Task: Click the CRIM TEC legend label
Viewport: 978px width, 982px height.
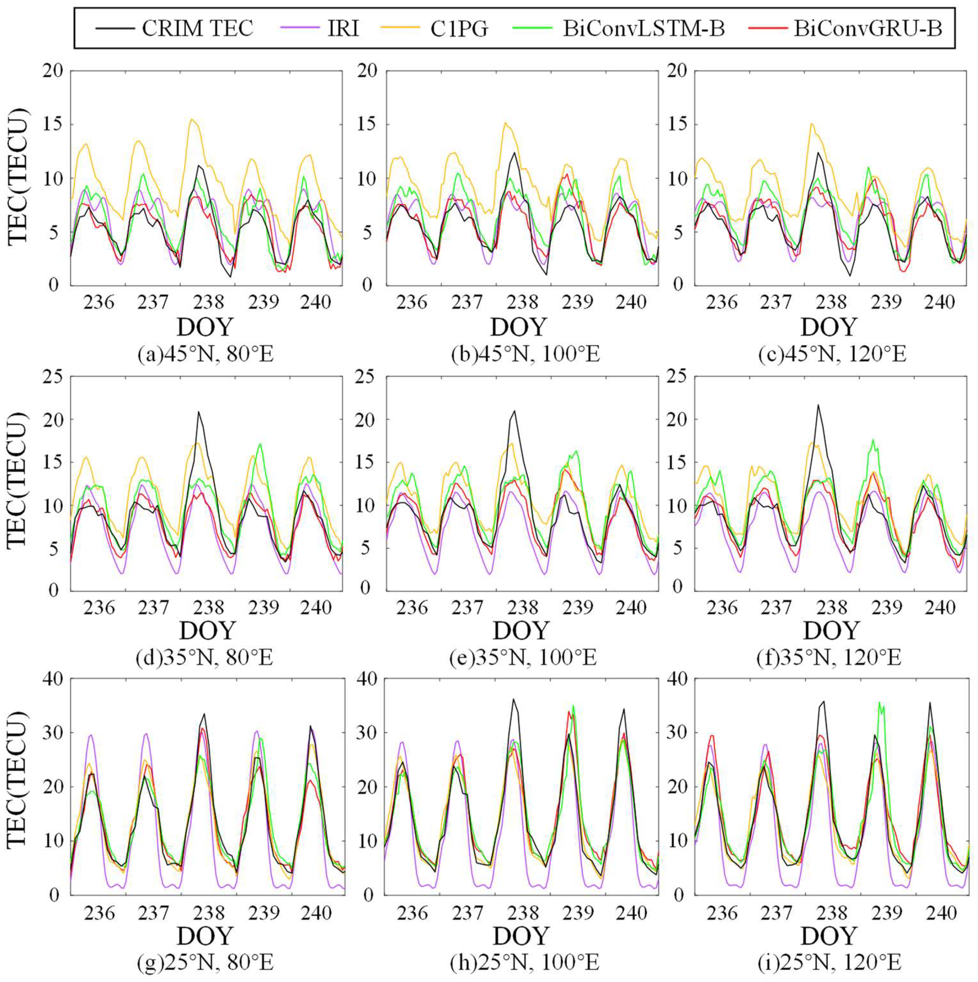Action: click(197, 28)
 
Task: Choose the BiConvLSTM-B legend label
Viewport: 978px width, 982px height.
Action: click(644, 28)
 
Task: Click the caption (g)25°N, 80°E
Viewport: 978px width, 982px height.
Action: click(205, 962)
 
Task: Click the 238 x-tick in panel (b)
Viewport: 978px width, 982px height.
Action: click(522, 302)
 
